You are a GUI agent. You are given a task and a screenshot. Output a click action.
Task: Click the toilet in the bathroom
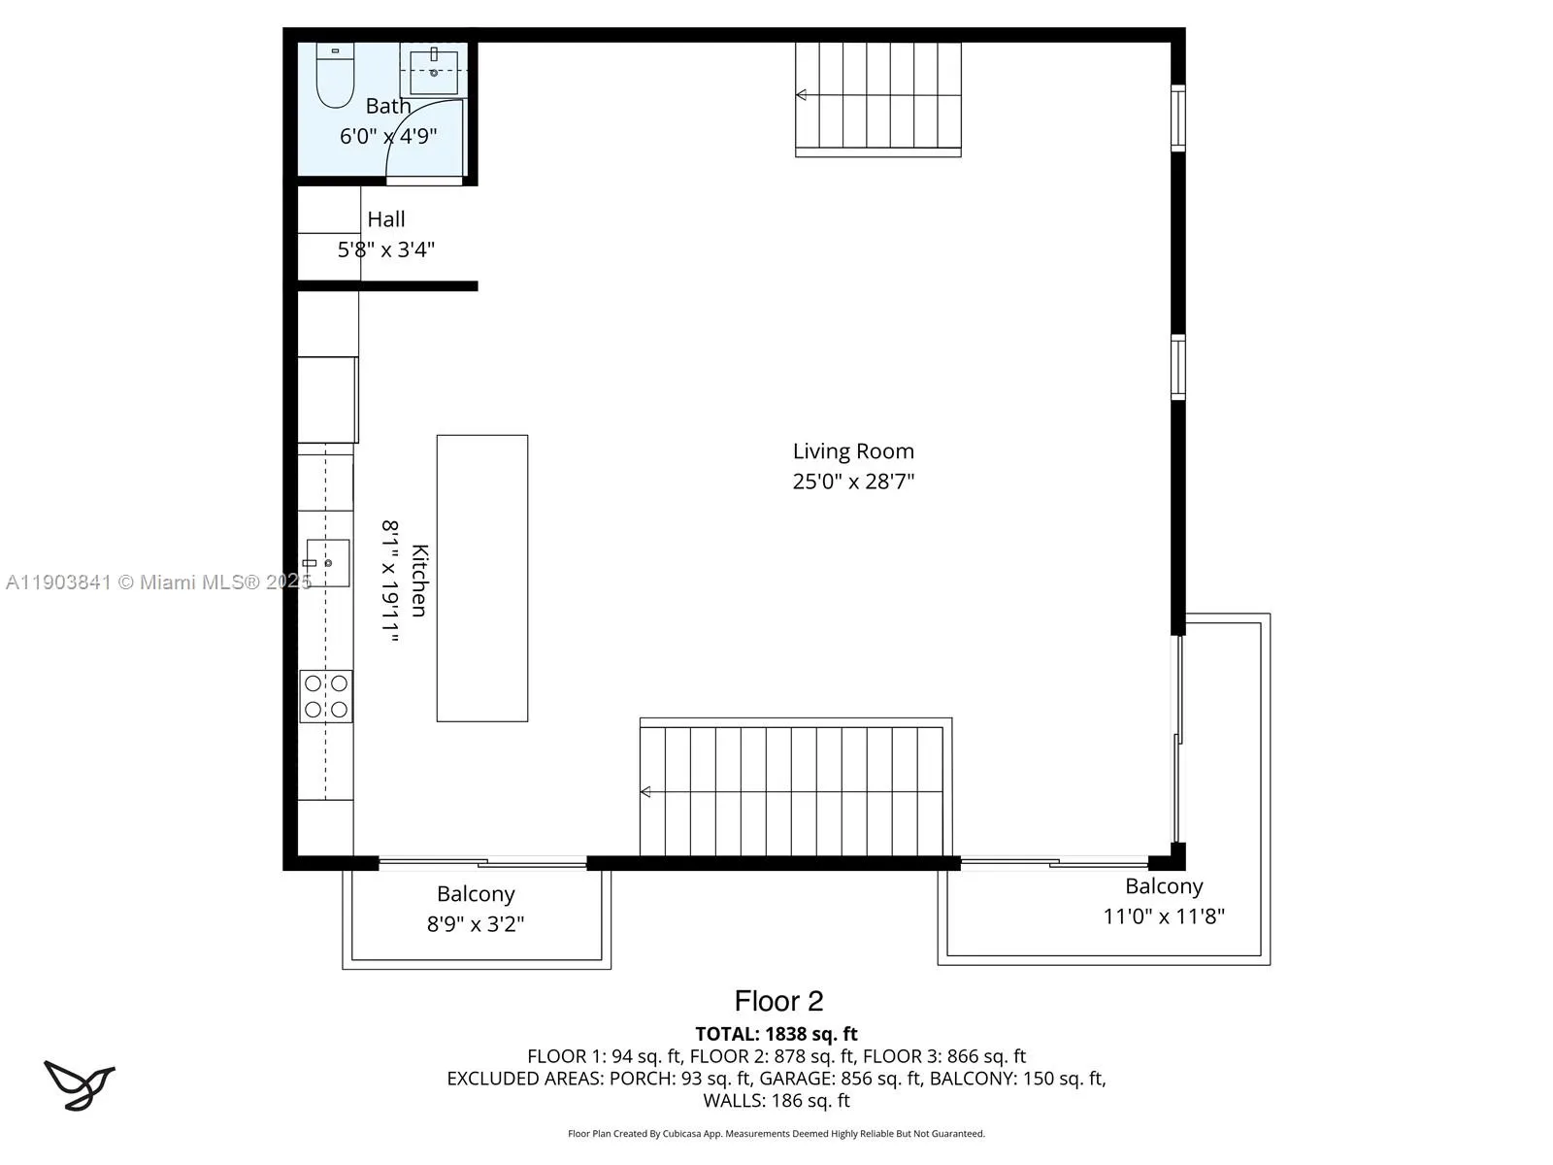point(335,77)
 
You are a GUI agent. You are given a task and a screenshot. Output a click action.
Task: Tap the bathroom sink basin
point(433,71)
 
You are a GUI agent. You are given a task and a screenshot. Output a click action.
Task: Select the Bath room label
point(388,106)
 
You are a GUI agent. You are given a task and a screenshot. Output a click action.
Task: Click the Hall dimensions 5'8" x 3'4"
point(385,250)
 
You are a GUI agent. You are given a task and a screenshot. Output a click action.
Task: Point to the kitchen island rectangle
point(482,578)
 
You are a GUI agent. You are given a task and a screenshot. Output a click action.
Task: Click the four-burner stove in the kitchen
point(325,696)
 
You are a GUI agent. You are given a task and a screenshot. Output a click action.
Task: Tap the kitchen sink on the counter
point(327,563)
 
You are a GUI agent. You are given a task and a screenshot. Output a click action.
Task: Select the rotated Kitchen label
point(419,580)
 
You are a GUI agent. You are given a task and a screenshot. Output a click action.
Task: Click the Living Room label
point(853,450)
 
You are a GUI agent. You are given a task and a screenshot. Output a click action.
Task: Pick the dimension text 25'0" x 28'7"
point(853,481)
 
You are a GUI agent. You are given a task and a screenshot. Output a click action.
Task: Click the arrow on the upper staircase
point(802,95)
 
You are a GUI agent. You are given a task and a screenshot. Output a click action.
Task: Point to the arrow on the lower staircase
point(646,792)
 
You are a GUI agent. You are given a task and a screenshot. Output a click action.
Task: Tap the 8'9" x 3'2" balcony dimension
point(476,923)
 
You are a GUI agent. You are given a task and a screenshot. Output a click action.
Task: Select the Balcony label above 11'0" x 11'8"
point(1164,885)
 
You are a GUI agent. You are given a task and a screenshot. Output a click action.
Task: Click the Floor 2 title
point(778,1001)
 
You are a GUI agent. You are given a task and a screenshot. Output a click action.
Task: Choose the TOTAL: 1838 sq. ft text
point(776,1034)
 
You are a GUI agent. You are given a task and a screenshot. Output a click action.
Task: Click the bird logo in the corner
point(79,1084)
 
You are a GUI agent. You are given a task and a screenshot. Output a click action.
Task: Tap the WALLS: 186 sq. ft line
point(776,1100)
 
